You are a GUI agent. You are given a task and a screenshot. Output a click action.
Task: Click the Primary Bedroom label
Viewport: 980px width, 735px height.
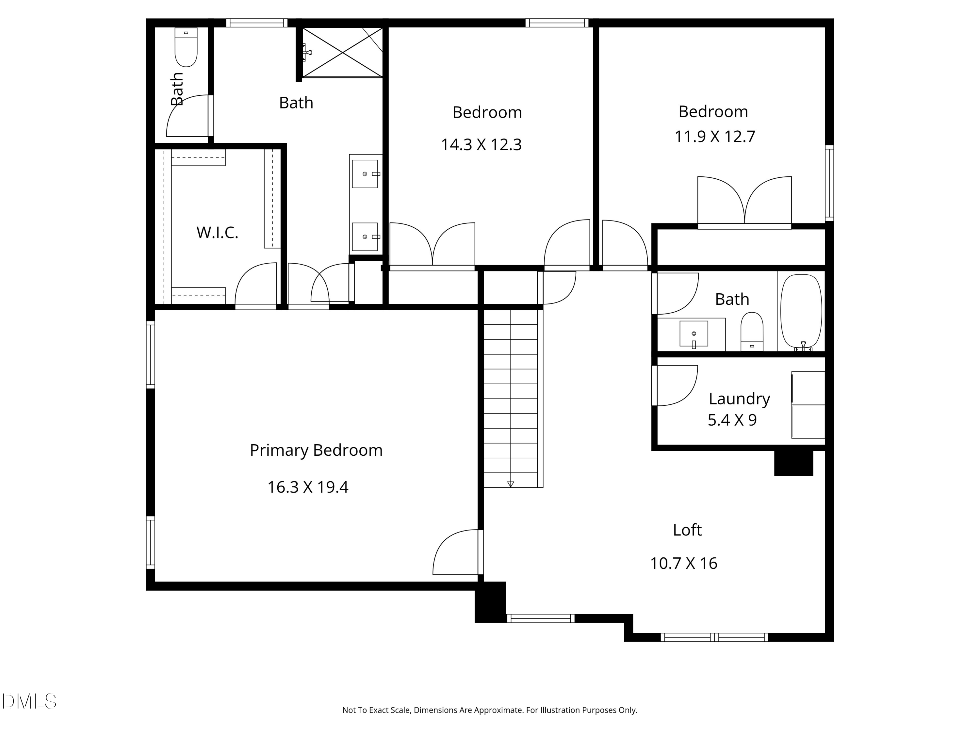click(x=316, y=450)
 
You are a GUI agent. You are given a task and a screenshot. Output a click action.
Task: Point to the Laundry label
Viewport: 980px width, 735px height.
click(x=739, y=399)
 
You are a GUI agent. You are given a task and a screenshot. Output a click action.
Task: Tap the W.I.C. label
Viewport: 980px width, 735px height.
click(x=217, y=233)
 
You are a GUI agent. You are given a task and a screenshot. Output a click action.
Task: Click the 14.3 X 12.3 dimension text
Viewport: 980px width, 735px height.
click(x=481, y=145)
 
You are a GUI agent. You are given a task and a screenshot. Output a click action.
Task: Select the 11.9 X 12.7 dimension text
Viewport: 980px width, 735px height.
click(x=714, y=137)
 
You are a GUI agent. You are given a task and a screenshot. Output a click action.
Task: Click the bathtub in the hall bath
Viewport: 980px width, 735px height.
click(x=801, y=311)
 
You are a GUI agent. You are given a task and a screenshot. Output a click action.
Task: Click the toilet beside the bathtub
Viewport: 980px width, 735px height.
click(x=752, y=331)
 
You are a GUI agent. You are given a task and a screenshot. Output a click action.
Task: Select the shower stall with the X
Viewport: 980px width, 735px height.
click(x=342, y=52)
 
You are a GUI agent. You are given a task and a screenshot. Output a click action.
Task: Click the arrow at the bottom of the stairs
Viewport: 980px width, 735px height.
click(x=510, y=484)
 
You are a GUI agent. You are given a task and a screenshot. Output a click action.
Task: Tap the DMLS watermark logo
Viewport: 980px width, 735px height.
click(x=29, y=701)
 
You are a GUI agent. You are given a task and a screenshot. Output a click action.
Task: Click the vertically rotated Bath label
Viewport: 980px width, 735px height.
click(x=177, y=89)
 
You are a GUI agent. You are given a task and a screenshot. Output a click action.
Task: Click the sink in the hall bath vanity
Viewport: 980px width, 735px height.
click(x=694, y=334)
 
